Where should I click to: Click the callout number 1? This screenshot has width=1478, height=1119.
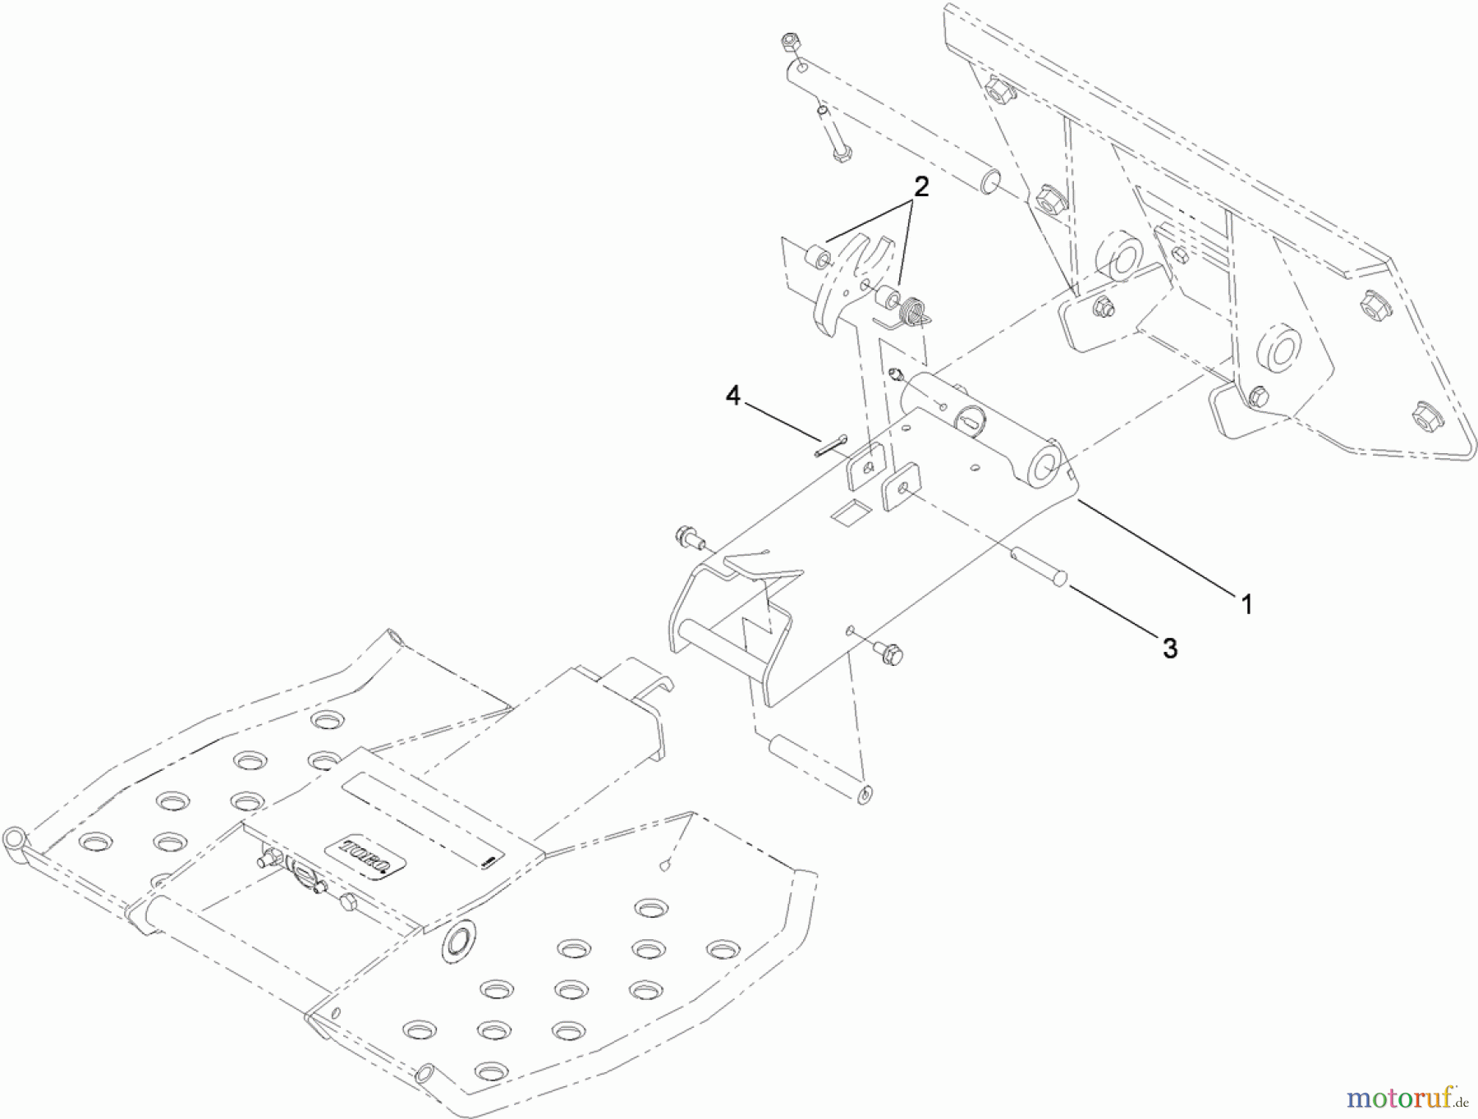pyautogui.click(x=1246, y=605)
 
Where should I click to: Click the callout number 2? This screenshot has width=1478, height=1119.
pyautogui.click(x=921, y=187)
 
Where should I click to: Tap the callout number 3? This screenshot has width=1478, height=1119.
pyautogui.click(x=1170, y=648)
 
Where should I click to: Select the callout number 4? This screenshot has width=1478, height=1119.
pyautogui.click(x=732, y=397)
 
